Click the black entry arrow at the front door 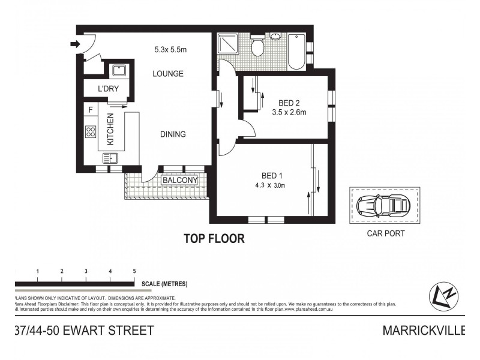pos(75,43)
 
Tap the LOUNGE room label pos(167,74)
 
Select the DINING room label pos(172,134)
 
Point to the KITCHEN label pos(110,130)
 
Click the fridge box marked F pos(90,110)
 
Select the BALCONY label pos(179,180)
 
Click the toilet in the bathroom pos(258,46)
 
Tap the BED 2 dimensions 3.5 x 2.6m pos(289,112)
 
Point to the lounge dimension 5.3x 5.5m pos(170,50)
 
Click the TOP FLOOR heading pos(214,239)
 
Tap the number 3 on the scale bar pos(86,272)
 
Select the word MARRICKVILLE pos(424,331)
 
